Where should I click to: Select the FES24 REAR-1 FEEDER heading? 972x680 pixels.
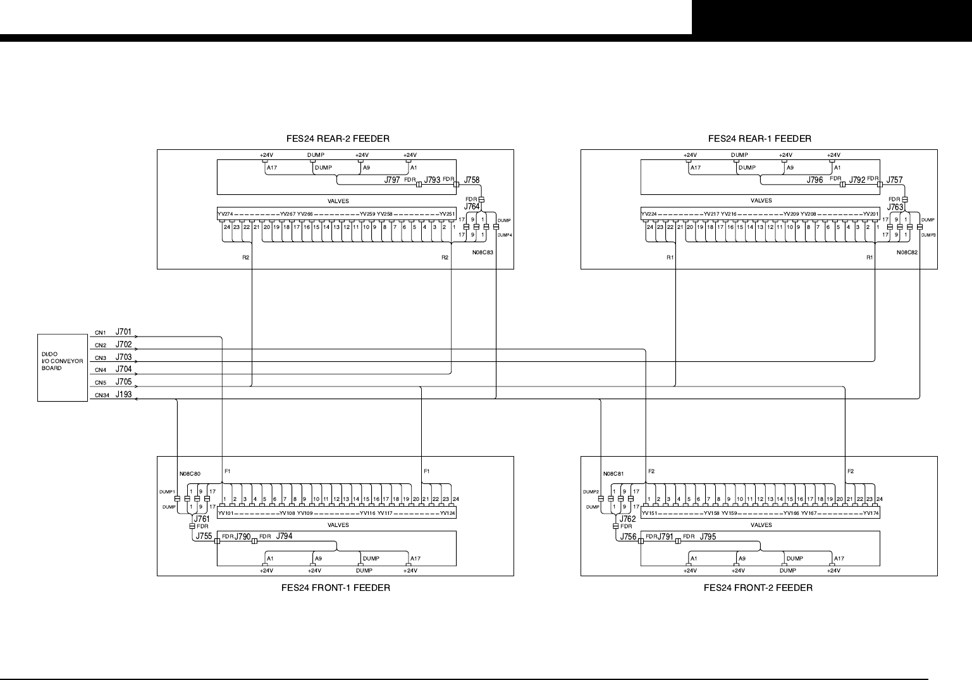click(x=759, y=139)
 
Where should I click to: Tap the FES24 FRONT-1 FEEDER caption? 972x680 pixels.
click(x=335, y=588)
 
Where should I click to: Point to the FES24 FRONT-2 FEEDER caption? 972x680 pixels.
click(x=758, y=588)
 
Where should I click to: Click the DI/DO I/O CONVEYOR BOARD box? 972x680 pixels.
click(x=63, y=368)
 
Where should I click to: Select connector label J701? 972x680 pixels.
click(x=123, y=331)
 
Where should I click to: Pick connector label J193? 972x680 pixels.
click(x=123, y=395)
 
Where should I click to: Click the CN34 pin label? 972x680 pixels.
click(x=101, y=396)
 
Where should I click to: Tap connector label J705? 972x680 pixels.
click(x=123, y=382)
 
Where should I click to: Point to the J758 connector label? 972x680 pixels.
click(x=472, y=180)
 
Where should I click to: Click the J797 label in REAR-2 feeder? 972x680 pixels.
click(x=392, y=180)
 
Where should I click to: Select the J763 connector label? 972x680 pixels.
click(x=895, y=207)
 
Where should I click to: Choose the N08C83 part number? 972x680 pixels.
click(x=483, y=252)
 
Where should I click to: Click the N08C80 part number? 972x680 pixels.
click(x=190, y=474)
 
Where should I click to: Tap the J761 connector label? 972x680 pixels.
click(x=202, y=519)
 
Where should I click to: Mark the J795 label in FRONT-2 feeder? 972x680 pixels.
click(x=708, y=537)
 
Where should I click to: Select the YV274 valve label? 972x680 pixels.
click(x=225, y=214)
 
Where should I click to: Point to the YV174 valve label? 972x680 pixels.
click(x=871, y=514)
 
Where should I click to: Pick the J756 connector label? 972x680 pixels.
click(x=628, y=536)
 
